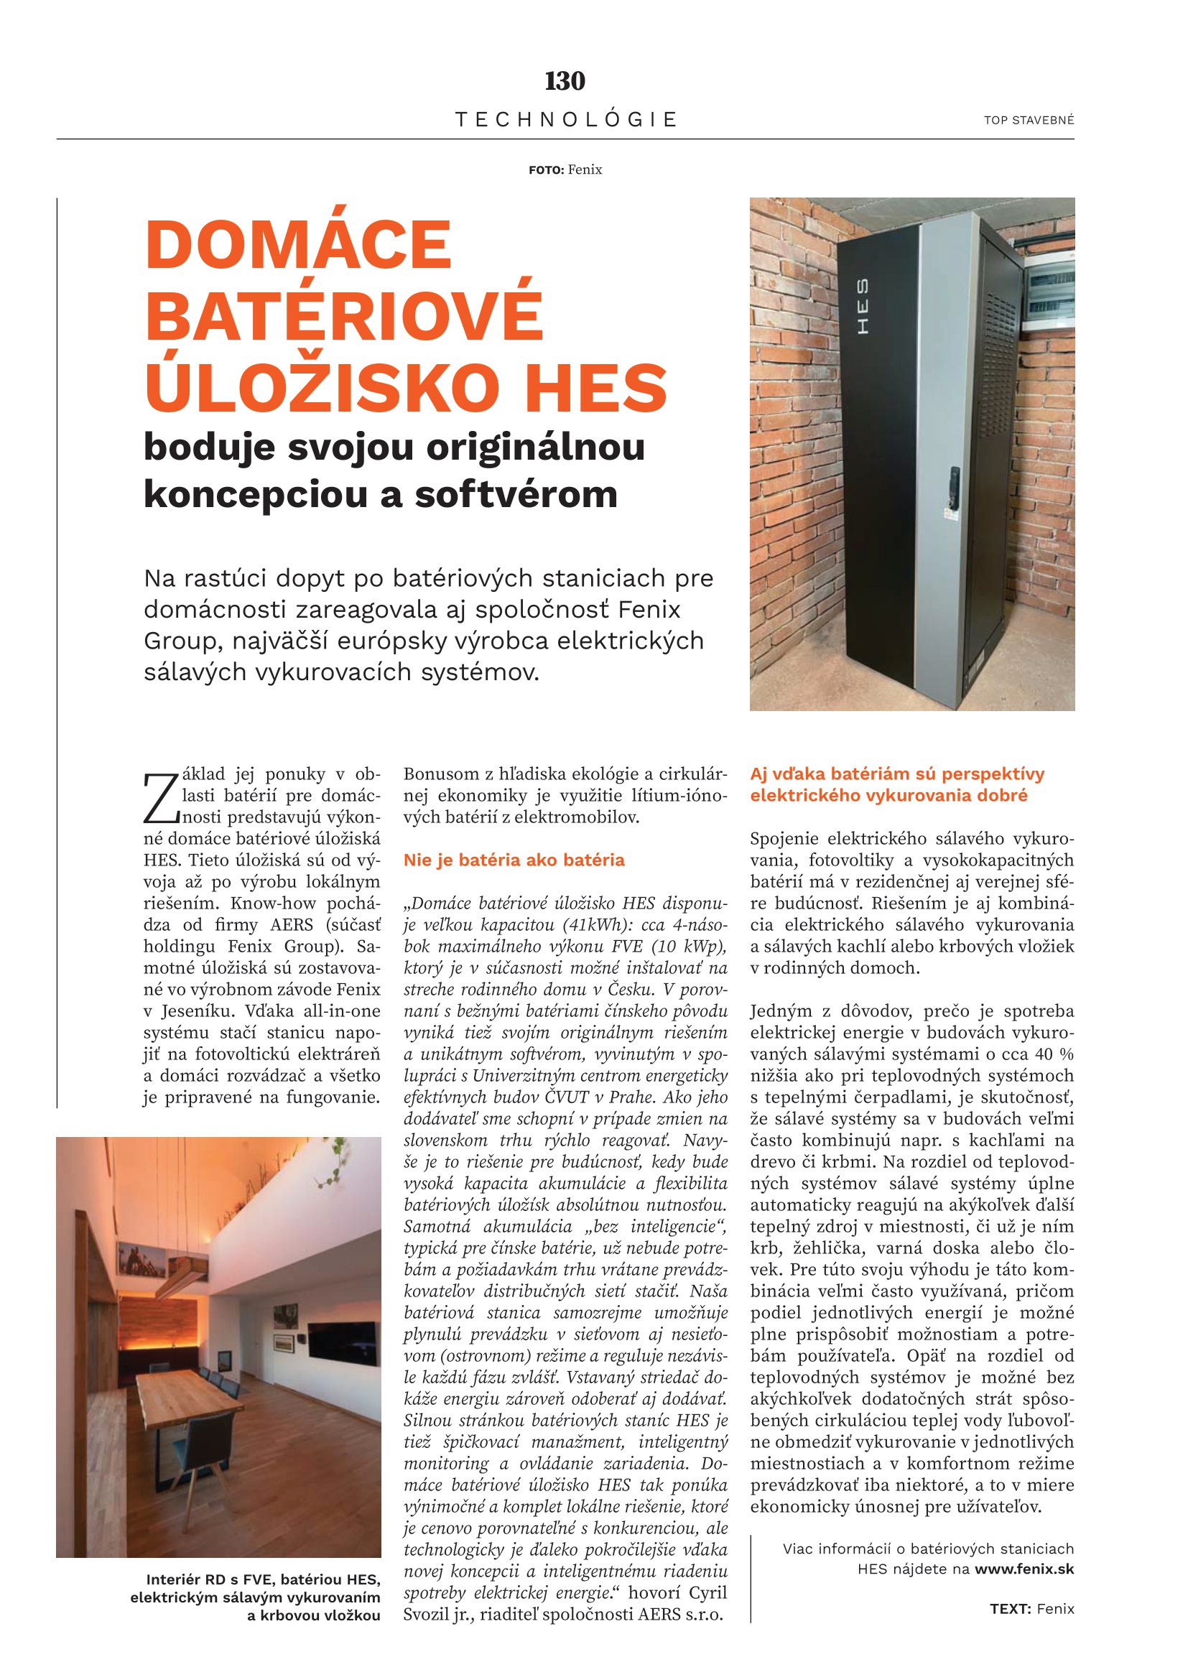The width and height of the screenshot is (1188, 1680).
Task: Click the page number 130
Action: (x=565, y=81)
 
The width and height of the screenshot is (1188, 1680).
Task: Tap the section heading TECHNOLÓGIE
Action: (x=565, y=119)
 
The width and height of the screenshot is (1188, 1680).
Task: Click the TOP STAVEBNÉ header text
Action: (x=1029, y=121)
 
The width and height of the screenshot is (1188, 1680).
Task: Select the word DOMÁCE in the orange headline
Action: (x=299, y=245)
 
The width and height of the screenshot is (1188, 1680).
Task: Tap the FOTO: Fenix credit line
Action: (x=565, y=170)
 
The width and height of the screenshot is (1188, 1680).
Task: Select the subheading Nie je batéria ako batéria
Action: (x=514, y=860)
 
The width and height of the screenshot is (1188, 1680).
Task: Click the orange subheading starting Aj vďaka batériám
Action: (x=897, y=784)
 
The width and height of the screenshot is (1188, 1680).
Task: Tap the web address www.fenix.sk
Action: (x=1024, y=1569)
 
